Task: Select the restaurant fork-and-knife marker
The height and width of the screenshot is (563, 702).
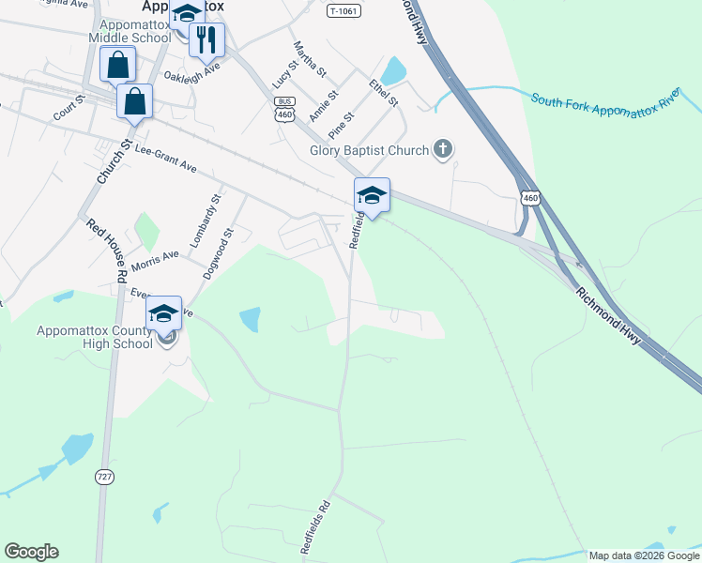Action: [x=206, y=40]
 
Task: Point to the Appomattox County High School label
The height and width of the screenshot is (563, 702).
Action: [x=94, y=337]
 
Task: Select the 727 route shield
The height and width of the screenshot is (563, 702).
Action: [x=104, y=478]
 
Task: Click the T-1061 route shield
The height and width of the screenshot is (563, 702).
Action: [x=345, y=11]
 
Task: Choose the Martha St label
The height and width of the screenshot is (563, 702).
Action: [x=310, y=59]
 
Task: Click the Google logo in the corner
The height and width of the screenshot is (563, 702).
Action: [x=31, y=552]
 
